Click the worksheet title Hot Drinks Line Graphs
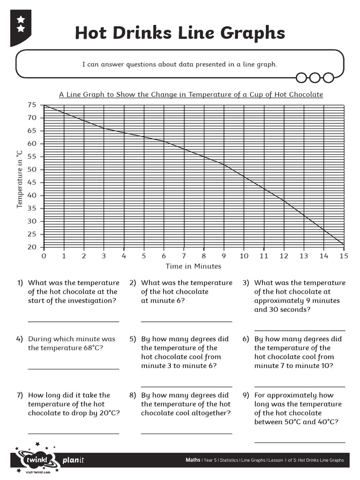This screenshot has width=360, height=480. click(x=180, y=33)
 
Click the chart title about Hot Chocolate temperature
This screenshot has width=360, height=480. click(x=191, y=94)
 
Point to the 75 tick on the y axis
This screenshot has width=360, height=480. click(x=31, y=105)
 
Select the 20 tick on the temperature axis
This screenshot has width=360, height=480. click(x=31, y=247)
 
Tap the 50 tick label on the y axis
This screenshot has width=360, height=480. click(x=31, y=170)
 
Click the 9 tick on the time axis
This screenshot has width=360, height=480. click(x=224, y=256)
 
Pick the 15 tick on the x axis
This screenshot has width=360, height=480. click(x=344, y=256)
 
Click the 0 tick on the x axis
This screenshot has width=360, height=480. click(x=44, y=256)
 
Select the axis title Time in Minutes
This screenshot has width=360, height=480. click(x=193, y=266)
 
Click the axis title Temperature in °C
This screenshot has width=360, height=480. click(x=20, y=179)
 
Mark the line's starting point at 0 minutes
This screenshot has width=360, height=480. click(x=44, y=105)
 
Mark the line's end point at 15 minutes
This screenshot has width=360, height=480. click(x=344, y=245)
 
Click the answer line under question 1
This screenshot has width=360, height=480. click(x=74, y=322)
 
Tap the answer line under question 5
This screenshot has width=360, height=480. click(x=187, y=378)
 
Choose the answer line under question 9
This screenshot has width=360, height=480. click(x=300, y=442)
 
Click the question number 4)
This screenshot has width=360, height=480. click(x=19, y=339)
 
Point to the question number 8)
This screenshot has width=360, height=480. click(x=133, y=395)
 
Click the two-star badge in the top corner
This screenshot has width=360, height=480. click(x=21, y=24)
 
